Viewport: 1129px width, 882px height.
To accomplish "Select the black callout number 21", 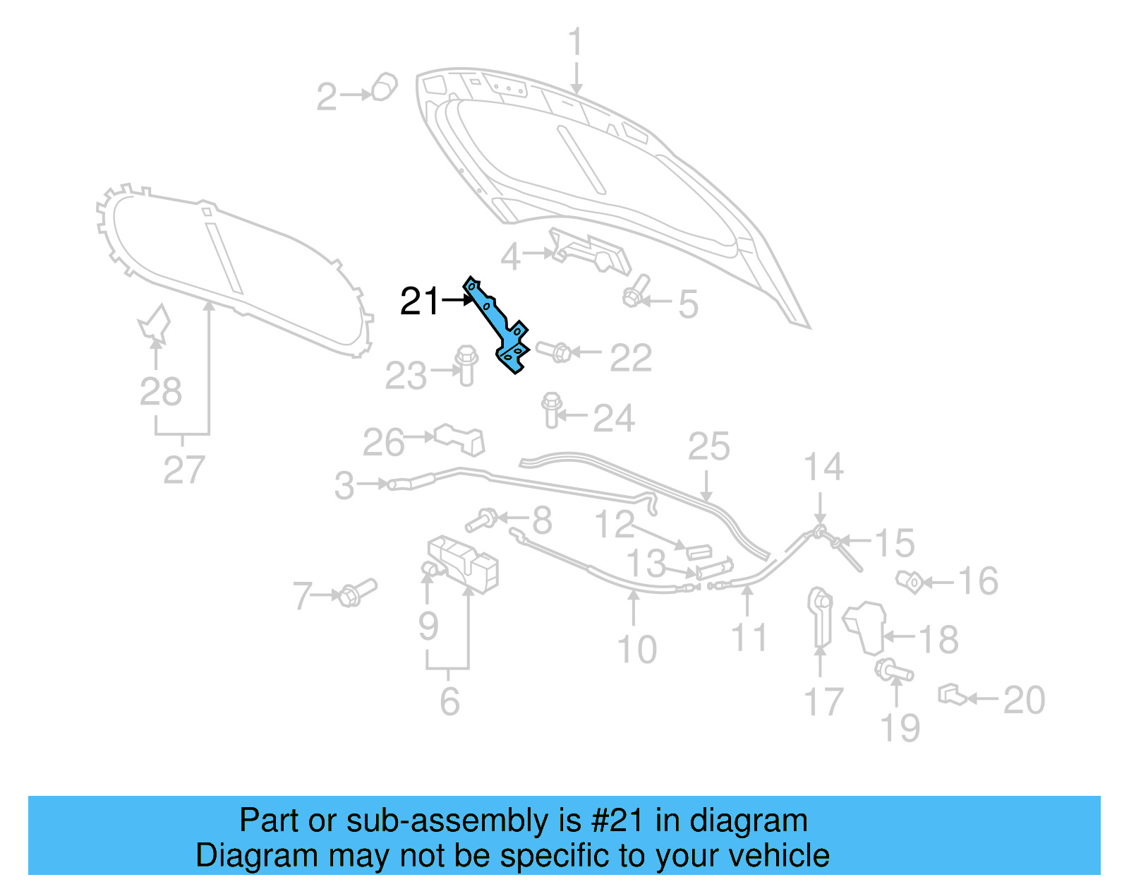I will point(420,302).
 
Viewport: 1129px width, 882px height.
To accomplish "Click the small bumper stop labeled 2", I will point(384,87).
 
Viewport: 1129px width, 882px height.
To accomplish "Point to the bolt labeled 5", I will point(635,292).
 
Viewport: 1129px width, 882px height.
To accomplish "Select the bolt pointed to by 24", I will point(552,410).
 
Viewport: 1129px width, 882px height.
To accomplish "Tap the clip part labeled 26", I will point(461,439).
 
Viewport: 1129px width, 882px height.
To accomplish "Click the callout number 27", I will point(184,470).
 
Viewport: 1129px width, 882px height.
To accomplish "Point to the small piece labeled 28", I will point(155,323).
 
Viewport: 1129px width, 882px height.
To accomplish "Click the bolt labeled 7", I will point(357,592).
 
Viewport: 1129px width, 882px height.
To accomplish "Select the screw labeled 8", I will point(481,520).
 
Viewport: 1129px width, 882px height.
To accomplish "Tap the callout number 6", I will point(449,701).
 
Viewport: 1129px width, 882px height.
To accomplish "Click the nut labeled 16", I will point(910,582).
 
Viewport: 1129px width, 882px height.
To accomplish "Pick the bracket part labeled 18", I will point(865,626).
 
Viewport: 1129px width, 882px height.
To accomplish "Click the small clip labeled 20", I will point(951,695).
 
